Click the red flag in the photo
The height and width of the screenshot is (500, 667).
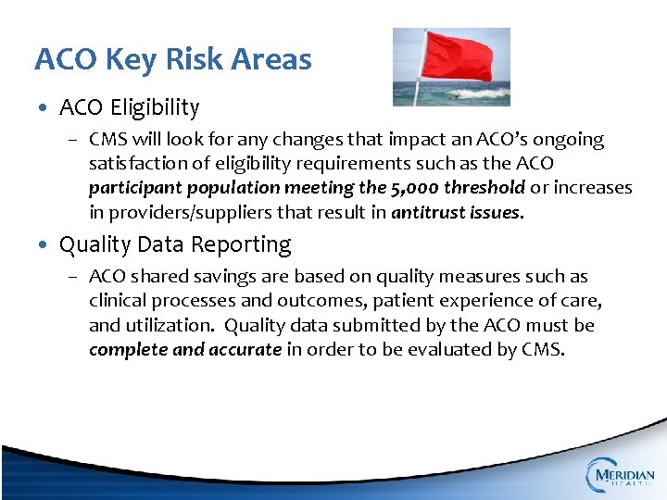click(458, 56)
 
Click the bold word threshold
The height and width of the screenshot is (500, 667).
click(487, 188)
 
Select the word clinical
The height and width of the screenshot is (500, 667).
click(118, 300)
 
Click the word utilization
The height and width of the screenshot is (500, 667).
click(176, 325)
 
